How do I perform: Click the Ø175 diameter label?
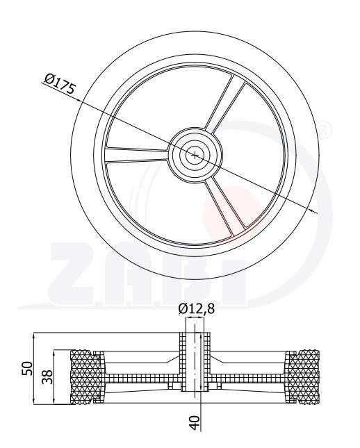pyautogui.click(x=60, y=83)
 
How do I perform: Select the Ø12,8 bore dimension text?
pyautogui.click(x=196, y=309)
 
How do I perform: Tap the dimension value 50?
pyautogui.click(x=27, y=368)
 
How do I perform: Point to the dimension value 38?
pyautogui.click(x=47, y=377)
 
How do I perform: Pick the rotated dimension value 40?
pyautogui.click(x=195, y=423)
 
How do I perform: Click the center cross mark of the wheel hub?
pyautogui.click(x=195, y=156)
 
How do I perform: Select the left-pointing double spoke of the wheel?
pyautogui.click(x=137, y=155)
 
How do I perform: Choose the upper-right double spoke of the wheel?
pyautogui.click(x=225, y=105)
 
